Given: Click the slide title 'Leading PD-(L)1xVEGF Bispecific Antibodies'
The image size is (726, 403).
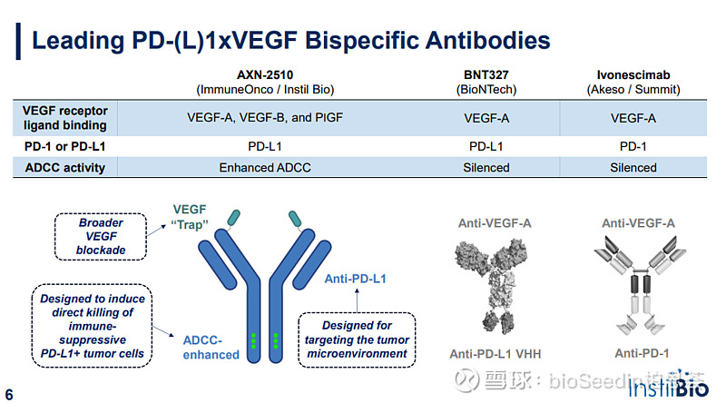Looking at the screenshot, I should pos(290,41).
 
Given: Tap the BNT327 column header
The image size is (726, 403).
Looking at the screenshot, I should pos(486,82).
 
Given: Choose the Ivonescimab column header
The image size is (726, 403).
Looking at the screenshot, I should pos(633,82).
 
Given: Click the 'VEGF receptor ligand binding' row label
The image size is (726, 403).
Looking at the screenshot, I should pos(64,118).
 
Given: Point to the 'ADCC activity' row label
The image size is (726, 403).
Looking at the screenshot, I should pos(64,167).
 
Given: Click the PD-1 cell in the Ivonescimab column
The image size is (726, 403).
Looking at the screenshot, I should pos(633,145).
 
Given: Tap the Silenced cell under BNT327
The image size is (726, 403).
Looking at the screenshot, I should pos(486,167).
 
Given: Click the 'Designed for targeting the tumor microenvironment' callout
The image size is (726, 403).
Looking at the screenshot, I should pos(357,338).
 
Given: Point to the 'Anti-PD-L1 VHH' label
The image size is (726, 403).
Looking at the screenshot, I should pos(490,355).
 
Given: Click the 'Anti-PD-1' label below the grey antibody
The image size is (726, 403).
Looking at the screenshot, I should pos(638,355).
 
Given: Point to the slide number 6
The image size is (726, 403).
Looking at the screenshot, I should pos(9,394).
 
